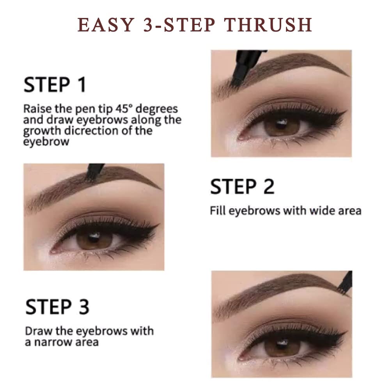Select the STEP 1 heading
55,85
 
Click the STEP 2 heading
242,186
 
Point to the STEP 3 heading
57,307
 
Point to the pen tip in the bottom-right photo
345,291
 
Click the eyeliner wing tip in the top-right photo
346,113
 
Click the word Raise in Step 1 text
35,108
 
